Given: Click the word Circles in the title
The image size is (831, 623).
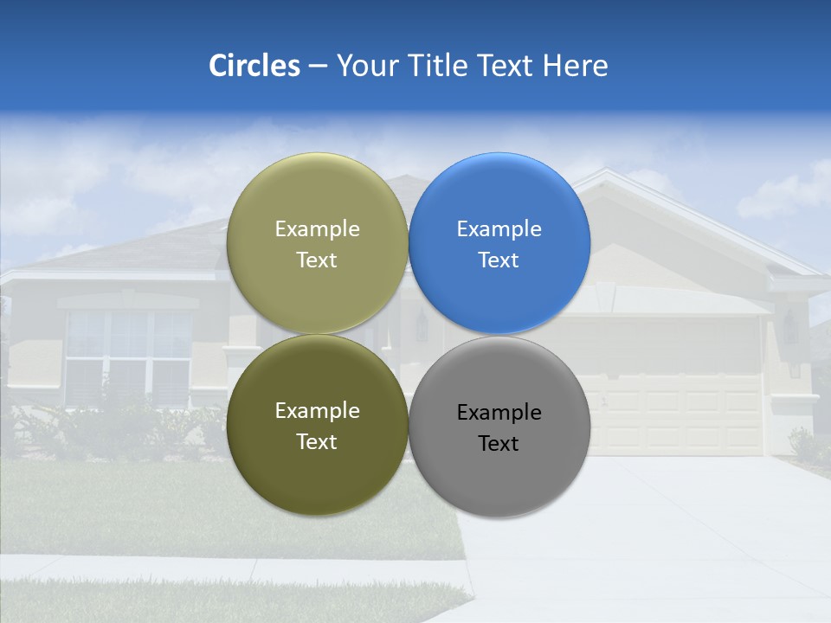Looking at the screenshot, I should click(x=254, y=66).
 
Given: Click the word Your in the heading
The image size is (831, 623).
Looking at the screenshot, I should click(x=367, y=66).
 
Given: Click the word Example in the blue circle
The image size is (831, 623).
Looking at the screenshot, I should click(x=499, y=229).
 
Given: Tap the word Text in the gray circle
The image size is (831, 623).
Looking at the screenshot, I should click(x=499, y=444).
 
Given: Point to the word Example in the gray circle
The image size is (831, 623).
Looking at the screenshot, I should click(x=499, y=413).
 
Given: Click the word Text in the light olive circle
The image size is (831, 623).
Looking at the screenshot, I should click(x=317, y=260).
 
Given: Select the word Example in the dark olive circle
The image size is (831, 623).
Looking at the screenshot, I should click(x=317, y=411).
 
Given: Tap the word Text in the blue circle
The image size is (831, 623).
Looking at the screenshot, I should click(x=499, y=260).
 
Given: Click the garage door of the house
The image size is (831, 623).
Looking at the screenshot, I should click(x=684, y=411).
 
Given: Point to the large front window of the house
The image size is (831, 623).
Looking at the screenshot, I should click(x=128, y=355).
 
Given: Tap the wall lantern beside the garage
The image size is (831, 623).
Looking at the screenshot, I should click(x=789, y=327).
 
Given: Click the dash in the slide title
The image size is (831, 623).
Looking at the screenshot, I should click(x=318, y=67).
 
